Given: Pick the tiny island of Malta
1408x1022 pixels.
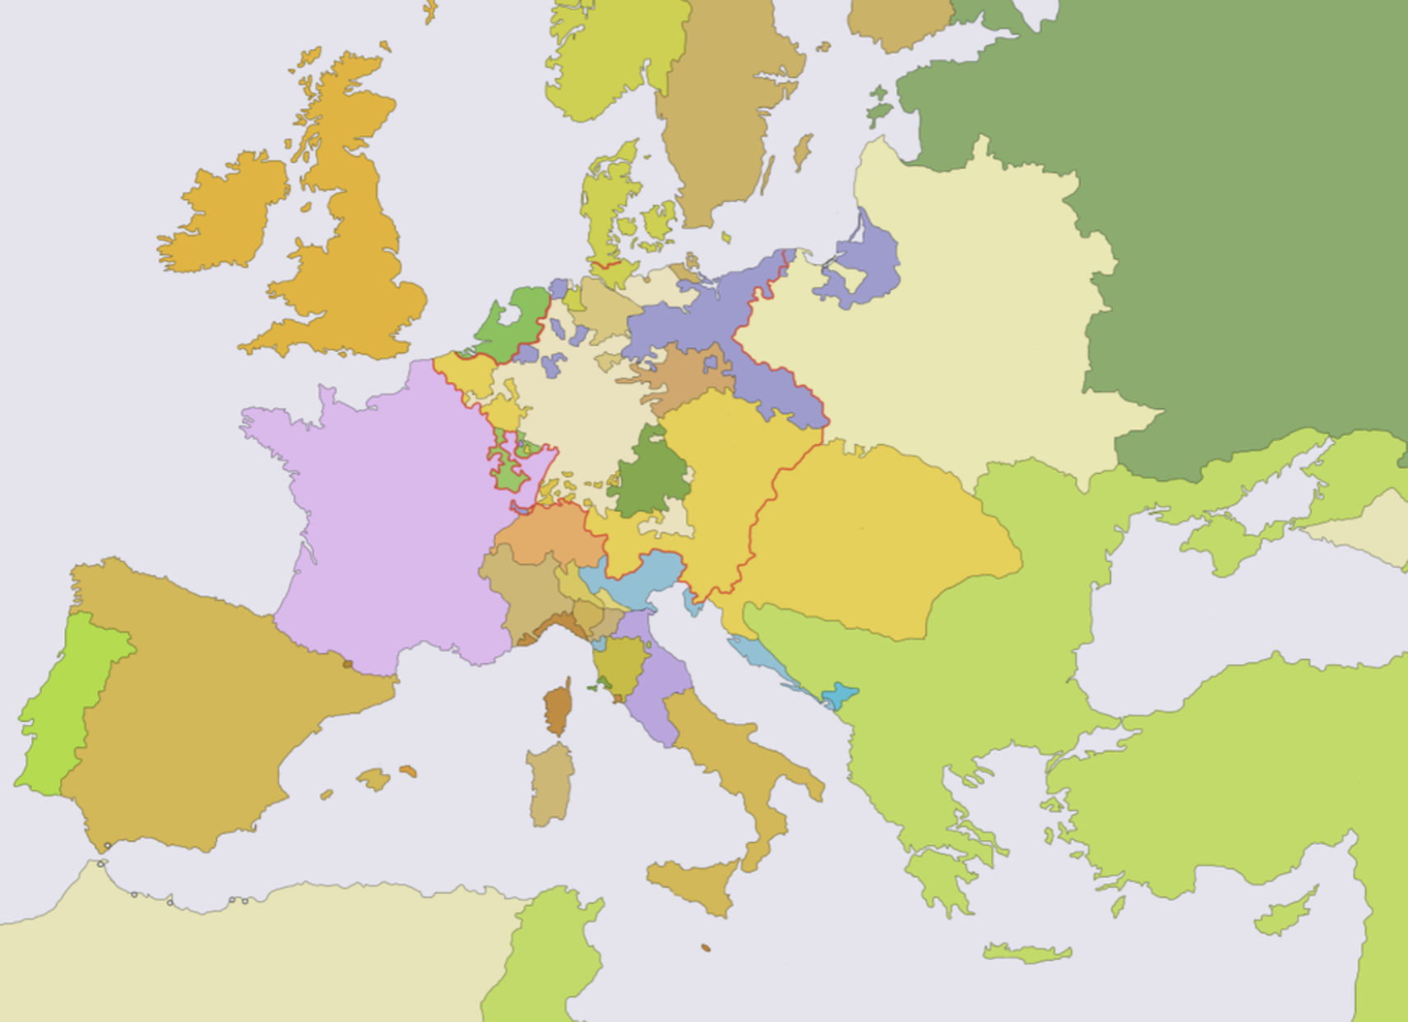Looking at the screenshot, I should pos(706,948).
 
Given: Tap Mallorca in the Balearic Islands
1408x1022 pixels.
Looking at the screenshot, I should pos(374,778).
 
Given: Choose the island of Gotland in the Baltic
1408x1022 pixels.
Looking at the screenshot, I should pos(802,153).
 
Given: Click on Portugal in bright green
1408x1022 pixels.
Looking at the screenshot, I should pos(62,708).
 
